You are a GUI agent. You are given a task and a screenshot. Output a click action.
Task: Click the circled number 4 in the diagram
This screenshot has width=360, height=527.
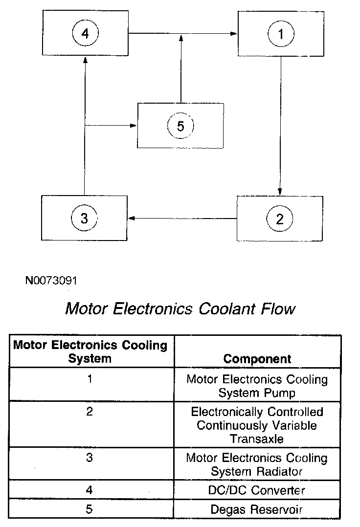85,33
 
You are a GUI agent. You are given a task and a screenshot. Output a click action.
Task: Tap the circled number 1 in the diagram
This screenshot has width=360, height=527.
280,34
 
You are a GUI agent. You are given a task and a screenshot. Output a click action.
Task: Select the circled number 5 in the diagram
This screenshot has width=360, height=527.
180,126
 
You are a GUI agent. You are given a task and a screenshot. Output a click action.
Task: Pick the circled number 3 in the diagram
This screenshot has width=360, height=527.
84,218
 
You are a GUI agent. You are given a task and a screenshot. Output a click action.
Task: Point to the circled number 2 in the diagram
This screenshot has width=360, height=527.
280,218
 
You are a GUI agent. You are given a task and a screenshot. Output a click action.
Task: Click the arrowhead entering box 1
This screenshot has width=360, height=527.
234,33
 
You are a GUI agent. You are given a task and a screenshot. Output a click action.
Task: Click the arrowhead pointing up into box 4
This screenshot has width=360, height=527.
85,59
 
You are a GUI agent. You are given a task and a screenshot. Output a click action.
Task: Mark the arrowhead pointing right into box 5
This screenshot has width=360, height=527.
134,126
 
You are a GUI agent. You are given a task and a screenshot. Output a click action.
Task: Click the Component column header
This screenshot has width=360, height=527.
257,358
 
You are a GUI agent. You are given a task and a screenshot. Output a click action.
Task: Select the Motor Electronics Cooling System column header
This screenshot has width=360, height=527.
90,351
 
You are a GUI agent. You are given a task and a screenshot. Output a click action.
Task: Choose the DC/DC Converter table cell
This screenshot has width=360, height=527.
257,490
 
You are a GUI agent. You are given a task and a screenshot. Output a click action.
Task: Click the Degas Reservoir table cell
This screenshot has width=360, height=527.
257,509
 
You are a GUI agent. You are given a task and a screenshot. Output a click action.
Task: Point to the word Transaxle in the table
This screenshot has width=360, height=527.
257,439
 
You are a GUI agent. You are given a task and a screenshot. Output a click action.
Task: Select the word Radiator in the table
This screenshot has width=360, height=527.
280,471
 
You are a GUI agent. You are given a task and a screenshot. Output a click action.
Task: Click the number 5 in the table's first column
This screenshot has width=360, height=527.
89,509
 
